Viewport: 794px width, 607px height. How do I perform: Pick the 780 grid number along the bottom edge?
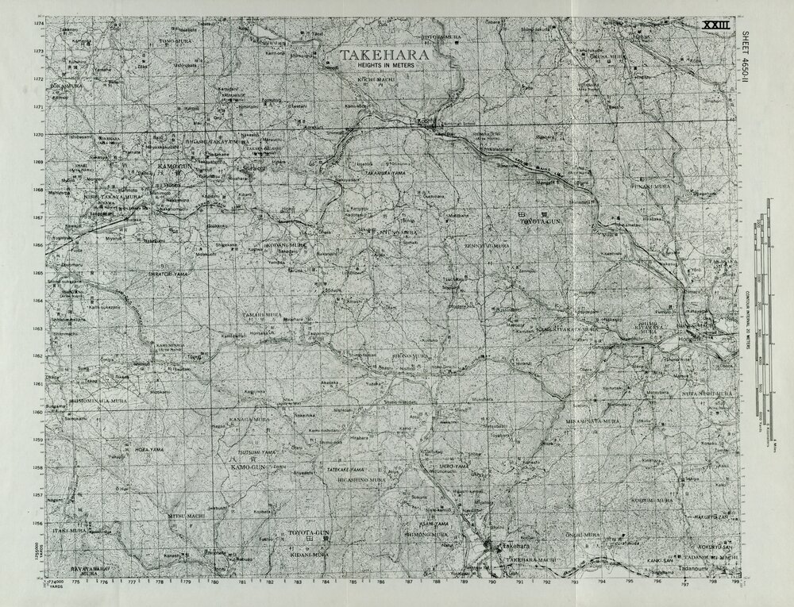pos(214,582)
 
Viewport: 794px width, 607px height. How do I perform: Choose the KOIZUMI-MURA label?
pos(653,501)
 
